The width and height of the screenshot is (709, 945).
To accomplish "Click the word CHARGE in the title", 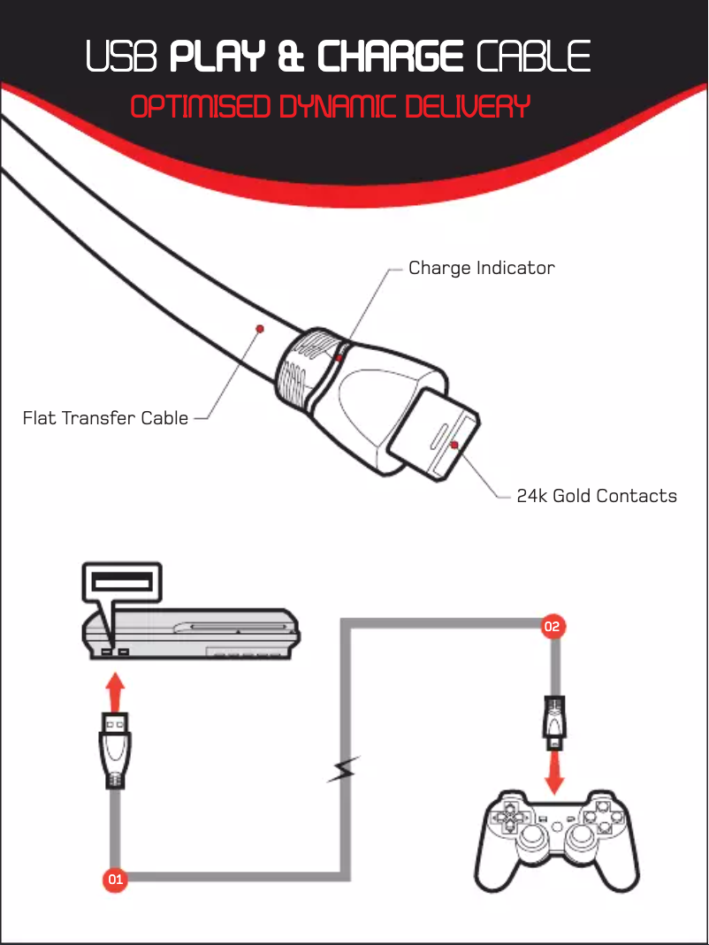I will [391, 58].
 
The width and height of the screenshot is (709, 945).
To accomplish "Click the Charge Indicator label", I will [481, 268].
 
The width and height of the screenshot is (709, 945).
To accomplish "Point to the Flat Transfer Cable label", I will [105, 417].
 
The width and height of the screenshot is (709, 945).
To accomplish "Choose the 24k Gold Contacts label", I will [597, 496].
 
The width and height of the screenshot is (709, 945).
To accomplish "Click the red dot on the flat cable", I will [260, 329].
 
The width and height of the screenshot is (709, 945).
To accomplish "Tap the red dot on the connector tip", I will [454, 445].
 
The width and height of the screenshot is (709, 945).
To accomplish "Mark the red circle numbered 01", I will [115, 880].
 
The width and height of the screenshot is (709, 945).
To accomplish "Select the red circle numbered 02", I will [553, 627].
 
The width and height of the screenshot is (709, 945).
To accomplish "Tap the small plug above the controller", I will [553, 717].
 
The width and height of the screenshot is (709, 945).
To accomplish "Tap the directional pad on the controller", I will [509, 818].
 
